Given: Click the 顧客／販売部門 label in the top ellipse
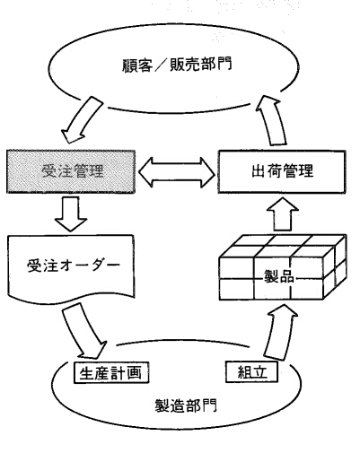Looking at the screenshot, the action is [177, 65].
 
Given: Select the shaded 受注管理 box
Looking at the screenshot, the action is [71, 171].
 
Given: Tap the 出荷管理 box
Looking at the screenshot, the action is [282, 171].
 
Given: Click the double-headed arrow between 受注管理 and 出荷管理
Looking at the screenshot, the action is [177, 172].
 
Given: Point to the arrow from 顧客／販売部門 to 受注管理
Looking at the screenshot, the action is [82, 119].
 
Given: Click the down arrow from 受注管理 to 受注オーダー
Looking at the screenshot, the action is [71, 213].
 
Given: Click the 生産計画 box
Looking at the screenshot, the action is [111, 372].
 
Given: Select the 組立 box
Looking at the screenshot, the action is [251, 372].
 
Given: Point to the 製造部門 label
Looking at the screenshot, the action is [186, 405].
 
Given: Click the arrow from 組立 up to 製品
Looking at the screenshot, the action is [280, 334].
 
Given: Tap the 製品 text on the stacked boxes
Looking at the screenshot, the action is [279, 277].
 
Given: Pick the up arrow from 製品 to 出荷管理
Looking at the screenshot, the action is [282, 214].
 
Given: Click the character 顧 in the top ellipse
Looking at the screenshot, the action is [129, 65].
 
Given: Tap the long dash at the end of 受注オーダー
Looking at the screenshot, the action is [111, 266].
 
